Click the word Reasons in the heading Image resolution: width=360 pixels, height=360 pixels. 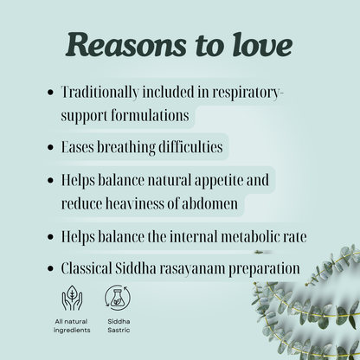point(126,45)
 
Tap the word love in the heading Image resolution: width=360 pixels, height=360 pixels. point(262,44)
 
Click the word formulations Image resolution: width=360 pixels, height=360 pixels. point(150,115)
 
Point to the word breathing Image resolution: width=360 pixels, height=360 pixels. point(126,147)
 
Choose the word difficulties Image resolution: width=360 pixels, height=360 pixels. point(190,146)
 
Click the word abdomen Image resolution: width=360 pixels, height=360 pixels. point(209,203)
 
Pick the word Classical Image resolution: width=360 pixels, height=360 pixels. point(87,268)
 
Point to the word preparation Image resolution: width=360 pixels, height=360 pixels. point(264,269)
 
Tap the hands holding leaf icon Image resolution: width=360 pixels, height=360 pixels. point(72,298)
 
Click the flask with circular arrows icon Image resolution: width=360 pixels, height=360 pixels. point(118,298)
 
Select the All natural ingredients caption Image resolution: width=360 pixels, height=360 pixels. point(72,325)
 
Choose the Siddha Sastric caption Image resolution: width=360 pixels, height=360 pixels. point(119,325)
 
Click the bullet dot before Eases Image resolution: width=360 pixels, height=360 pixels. point(51,147)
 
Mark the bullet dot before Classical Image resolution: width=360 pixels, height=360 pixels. point(51,268)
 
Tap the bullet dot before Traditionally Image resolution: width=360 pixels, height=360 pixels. point(51,93)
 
